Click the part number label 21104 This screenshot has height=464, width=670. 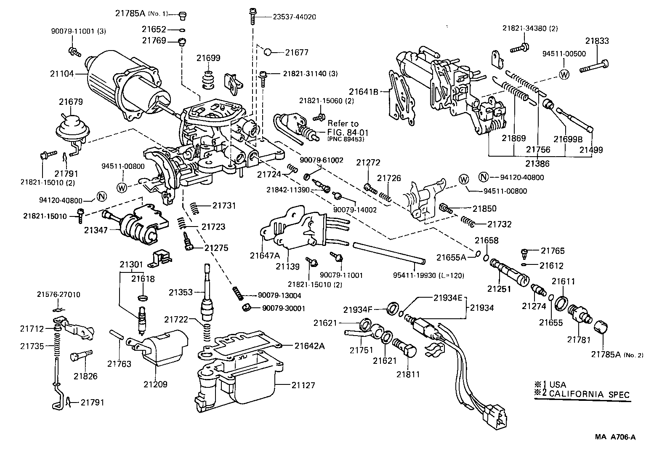coord(62,74)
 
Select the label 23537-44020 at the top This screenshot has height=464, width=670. coord(294,17)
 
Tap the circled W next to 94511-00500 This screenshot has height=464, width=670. coord(564,74)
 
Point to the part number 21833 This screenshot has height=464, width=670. coord(597,41)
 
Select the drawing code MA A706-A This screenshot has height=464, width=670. coord(615,437)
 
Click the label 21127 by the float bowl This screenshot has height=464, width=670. coord(302,385)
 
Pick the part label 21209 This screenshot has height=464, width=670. coord(155,384)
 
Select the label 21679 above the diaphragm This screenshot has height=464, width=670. coord(71,102)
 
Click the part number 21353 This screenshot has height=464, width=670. coord(181,292)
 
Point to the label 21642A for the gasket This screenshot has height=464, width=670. coord(309,346)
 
